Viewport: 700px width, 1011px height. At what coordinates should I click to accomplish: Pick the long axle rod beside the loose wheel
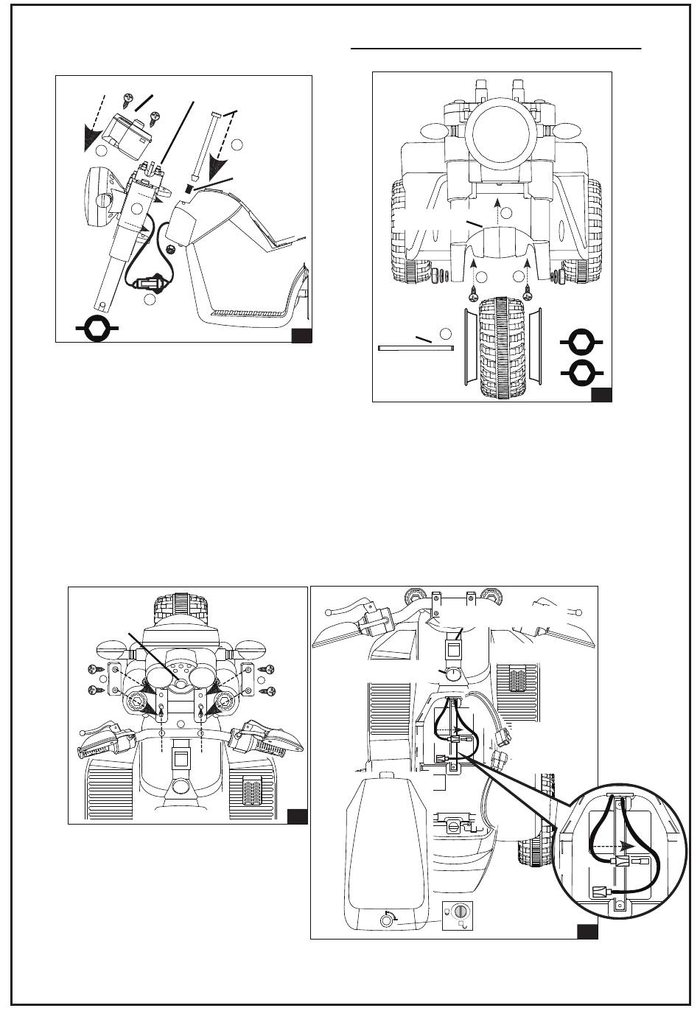(x=413, y=348)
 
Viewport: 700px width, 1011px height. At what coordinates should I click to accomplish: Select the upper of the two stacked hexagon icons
(x=581, y=342)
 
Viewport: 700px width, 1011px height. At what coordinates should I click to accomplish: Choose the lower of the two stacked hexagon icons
(x=581, y=373)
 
